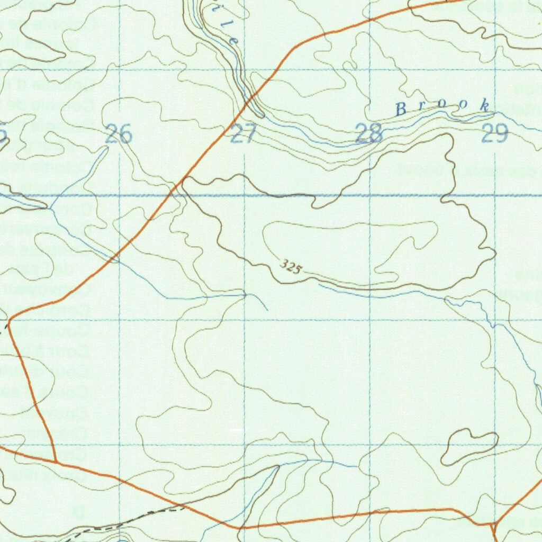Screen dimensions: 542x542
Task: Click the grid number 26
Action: [118, 134]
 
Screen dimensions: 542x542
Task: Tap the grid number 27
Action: [243, 134]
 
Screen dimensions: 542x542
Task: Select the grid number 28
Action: [369, 134]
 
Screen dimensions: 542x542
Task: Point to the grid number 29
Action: [494, 134]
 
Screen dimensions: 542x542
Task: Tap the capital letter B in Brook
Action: [401, 110]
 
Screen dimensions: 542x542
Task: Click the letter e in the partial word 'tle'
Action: [234, 40]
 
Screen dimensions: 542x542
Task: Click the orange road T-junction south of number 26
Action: [56, 462]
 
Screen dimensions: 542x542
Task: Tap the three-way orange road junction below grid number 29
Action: [493, 523]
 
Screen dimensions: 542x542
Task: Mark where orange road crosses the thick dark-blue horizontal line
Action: [171, 195]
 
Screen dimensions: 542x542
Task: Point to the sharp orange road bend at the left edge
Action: [10, 319]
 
